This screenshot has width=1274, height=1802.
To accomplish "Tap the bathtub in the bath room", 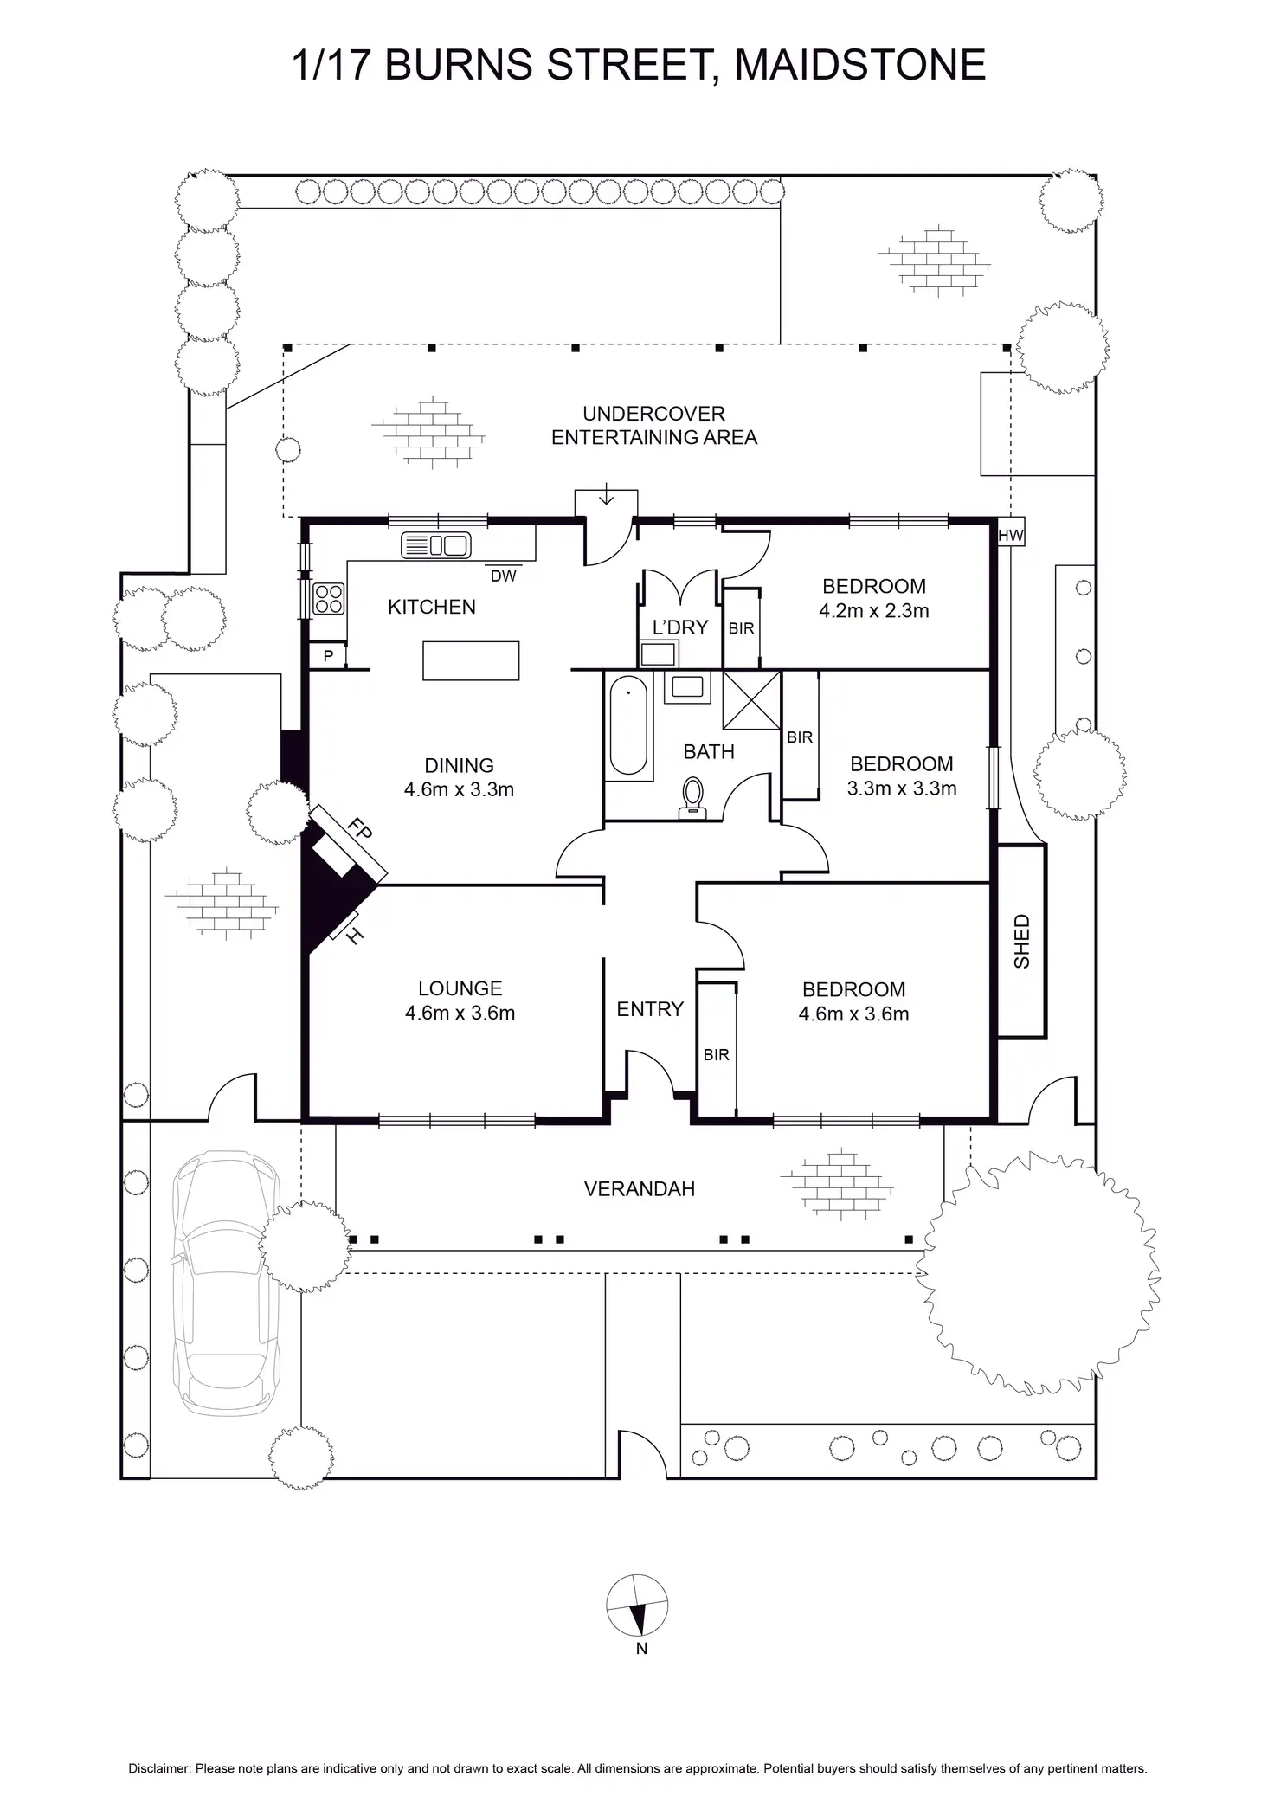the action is pyautogui.click(x=628, y=725).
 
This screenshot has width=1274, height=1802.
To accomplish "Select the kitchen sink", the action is pyautogui.click(x=436, y=545).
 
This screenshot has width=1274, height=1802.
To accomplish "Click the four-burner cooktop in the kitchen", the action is pyautogui.click(x=329, y=598).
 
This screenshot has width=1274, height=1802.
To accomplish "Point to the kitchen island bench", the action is pyautogui.click(x=471, y=660).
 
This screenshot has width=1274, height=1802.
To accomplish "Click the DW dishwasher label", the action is pyautogui.click(x=503, y=576).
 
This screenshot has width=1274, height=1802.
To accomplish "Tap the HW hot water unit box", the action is pyautogui.click(x=1010, y=536).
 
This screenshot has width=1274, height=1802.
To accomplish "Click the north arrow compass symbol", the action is pyautogui.click(x=637, y=1606).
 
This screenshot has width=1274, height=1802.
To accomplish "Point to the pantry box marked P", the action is pyautogui.click(x=328, y=656).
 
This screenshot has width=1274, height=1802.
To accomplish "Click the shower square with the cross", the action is pyautogui.click(x=751, y=699).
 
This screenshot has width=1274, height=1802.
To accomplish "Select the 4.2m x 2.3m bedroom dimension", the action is pyautogui.click(x=874, y=611).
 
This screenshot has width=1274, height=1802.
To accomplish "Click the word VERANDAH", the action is pyautogui.click(x=640, y=1189).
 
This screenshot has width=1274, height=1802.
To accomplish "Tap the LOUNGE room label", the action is pyautogui.click(x=460, y=988).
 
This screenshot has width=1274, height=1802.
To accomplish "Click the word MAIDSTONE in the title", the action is pyautogui.click(x=860, y=65).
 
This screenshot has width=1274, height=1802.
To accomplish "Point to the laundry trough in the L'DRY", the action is pyautogui.click(x=658, y=653).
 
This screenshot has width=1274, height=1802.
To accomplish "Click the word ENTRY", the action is pyautogui.click(x=650, y=1009).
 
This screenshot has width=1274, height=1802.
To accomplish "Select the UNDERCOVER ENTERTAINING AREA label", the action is pyautogui.click(x=654, y=426).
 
